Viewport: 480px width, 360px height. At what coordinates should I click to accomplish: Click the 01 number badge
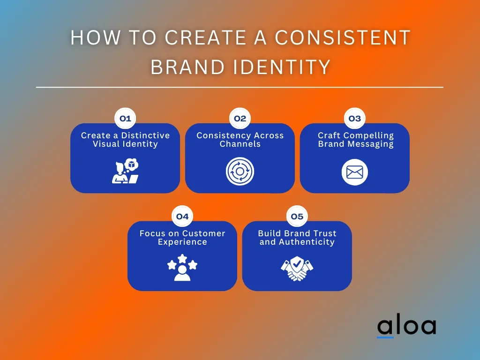(125, 119)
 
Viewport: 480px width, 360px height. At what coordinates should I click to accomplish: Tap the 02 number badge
(240, 119)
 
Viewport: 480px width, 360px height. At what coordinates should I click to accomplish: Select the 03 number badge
(355, 119)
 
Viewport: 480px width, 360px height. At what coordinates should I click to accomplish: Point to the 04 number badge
(182, 217)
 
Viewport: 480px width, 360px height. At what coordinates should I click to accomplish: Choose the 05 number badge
(297, 217)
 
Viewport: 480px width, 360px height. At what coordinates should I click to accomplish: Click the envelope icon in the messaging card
(355, 172)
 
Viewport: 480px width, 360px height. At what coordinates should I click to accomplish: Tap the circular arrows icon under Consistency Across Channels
(240, 171)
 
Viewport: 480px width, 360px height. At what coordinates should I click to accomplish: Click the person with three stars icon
(182, 268)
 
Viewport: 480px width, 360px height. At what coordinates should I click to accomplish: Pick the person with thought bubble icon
(125, 171)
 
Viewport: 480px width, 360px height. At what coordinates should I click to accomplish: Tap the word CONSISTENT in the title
(343, 37)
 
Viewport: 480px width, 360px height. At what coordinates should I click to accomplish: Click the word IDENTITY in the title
(282, 67)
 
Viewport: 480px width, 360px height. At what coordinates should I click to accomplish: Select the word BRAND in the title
(188, 67)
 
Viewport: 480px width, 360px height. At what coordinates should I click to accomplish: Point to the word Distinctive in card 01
(145, 135)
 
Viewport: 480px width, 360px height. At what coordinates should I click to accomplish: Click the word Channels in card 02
(240, 144)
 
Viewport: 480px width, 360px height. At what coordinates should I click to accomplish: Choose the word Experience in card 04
(182, 242)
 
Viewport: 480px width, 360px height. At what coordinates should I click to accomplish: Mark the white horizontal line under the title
(240, 87)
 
